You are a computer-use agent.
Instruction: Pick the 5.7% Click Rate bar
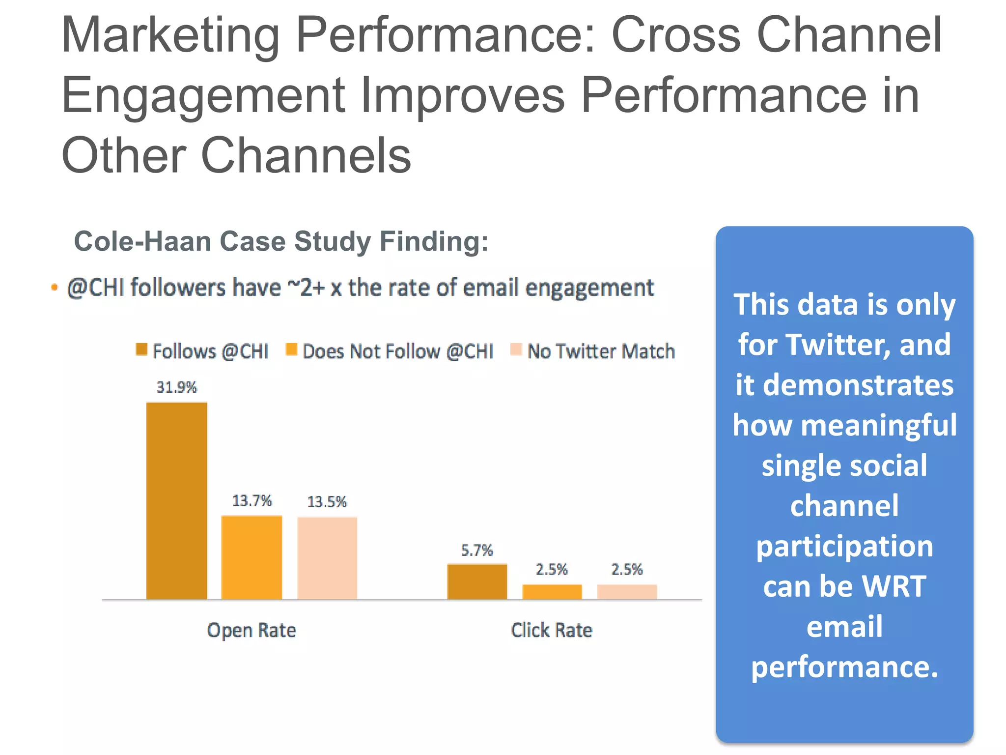point(477,581)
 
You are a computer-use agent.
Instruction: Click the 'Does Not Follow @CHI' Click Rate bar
point(552,591)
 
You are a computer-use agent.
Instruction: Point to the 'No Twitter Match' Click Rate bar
point(627,591)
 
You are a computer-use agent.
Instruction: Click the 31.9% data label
point(176,387)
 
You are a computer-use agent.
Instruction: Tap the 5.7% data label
point(476,550)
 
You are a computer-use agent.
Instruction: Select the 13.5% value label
point(327,502)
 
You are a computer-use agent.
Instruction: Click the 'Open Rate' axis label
point(251,630)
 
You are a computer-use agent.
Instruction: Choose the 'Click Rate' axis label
point(552,630)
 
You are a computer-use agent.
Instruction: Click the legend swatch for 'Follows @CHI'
point(141,349)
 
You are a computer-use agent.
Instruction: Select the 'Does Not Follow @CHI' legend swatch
point(291,349)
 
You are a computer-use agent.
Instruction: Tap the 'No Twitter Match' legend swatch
point(516,349)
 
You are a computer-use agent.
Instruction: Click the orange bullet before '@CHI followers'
point(55,287)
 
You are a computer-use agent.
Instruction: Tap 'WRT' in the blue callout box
point(894,586)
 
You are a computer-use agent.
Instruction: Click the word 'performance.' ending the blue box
point(844,667)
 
